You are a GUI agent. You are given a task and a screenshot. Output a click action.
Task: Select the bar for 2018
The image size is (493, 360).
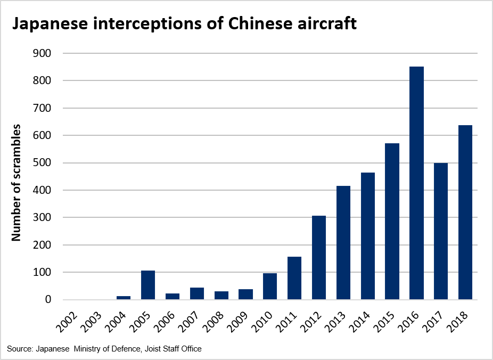pyautogui.click(x=465, y=212)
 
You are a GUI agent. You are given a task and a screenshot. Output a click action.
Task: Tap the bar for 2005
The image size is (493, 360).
pyautogui.click(x=148, y=285)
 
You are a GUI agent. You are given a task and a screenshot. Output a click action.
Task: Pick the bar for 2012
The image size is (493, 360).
pyautogui.click(x=319, y=258)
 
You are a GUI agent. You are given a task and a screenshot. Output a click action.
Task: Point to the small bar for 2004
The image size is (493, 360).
pyautogui.click(x=124, y=298)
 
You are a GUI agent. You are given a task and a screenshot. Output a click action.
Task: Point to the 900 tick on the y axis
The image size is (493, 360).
pyautogui.click(x=43, y=53)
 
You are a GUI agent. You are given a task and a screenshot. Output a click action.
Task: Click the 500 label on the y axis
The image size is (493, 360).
pyautogui.click(x=43, y=163)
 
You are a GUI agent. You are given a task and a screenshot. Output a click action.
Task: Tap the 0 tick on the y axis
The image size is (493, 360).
pyautogui.click(x=48, y=300)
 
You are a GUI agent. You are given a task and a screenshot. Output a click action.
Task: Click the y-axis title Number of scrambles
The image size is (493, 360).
pyautogui.click(x=17, y=183)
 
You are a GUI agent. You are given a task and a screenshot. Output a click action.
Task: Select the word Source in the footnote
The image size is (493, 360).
pyautogui.click(x=19, y=349)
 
